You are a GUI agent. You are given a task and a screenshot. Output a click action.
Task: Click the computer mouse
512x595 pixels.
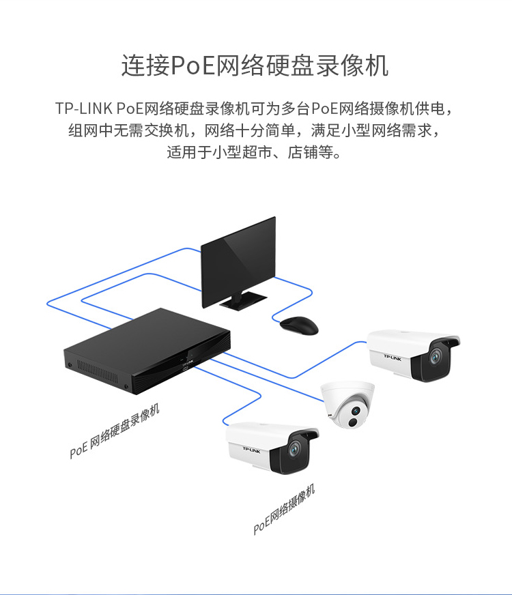click(299, 325)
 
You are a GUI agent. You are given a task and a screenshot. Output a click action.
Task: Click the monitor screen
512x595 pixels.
click(238, 262)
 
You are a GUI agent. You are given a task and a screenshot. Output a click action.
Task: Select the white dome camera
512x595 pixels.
click(347, 405)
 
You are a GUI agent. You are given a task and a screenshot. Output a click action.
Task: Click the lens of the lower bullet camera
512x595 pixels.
click(294, 450)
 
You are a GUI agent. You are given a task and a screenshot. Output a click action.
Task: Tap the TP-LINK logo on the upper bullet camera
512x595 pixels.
click(393, 358)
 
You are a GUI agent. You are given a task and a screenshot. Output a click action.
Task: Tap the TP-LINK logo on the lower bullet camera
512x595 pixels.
click(252, 450)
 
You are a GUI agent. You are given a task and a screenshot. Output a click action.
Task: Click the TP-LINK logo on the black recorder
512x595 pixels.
click(188, 363)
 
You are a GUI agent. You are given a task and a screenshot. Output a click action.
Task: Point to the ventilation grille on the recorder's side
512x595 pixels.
click(98, 371)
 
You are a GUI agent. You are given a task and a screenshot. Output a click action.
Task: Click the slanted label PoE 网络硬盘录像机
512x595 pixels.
click(115, 431)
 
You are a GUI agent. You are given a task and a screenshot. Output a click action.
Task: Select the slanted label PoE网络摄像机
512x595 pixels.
click(284, 509)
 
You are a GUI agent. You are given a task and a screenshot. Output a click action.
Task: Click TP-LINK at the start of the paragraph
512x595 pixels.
click(84, 108)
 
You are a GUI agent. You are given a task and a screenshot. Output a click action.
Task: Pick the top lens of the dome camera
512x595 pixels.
click(356, 411)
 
